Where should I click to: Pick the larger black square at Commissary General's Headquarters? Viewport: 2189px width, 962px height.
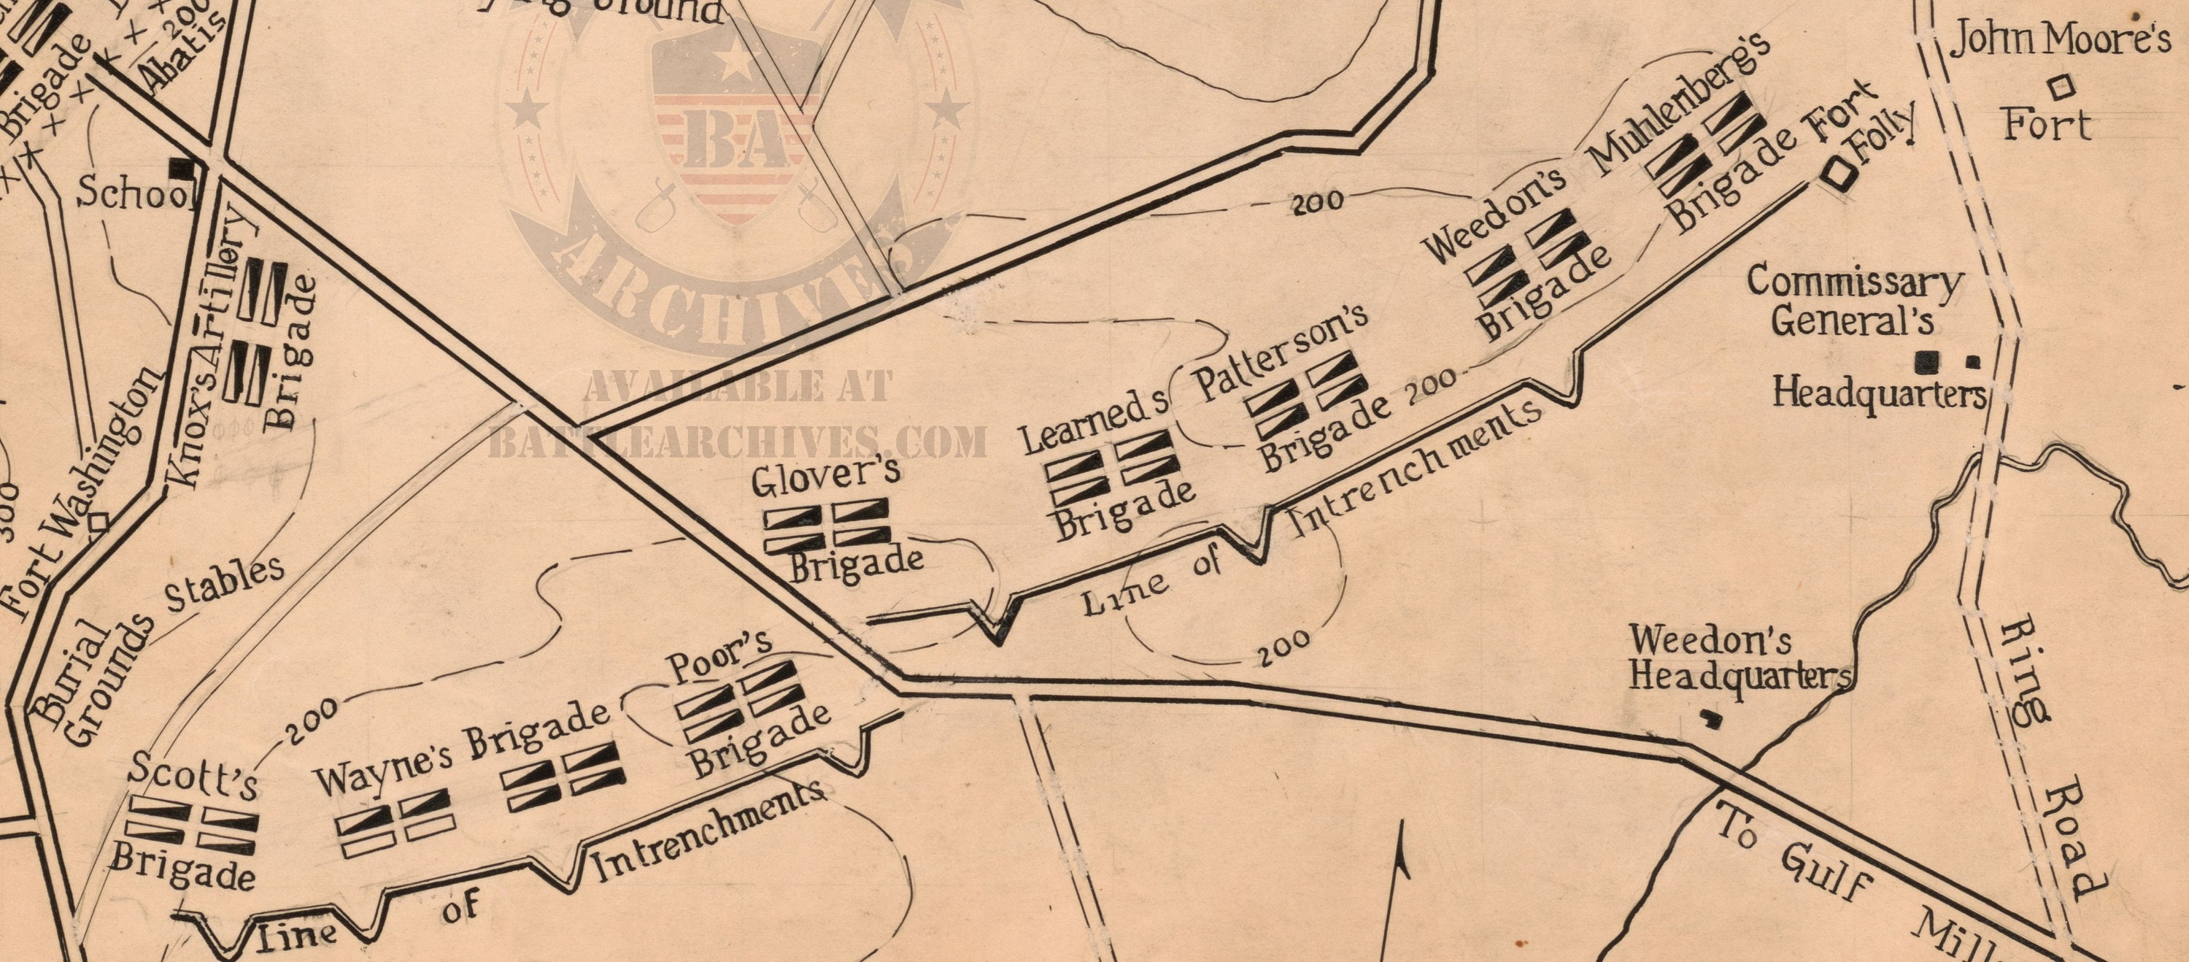[x=1927, y=363]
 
